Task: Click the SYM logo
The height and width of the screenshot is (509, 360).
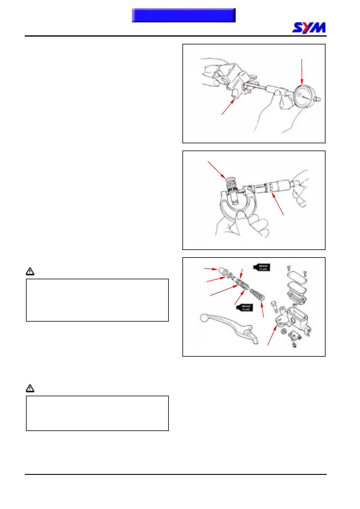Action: (x=309, y=28)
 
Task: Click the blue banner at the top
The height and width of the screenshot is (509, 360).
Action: (x=184, y=15)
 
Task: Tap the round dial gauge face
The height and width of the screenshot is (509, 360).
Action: (x=303, y=96)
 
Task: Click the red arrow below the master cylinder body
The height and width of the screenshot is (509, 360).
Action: (x=228, y=107)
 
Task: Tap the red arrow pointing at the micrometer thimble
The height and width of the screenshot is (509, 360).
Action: (x=278, y=204)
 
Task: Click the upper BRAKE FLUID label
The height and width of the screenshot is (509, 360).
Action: (x=262, y=267)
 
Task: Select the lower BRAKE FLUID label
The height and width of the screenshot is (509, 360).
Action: (x=245, y=308)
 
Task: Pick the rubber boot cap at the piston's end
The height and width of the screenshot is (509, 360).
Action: (x=223, y=271)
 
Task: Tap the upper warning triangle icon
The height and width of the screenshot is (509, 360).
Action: (x=30, y=271)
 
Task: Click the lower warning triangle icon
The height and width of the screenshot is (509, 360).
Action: (x=30, y=388)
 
